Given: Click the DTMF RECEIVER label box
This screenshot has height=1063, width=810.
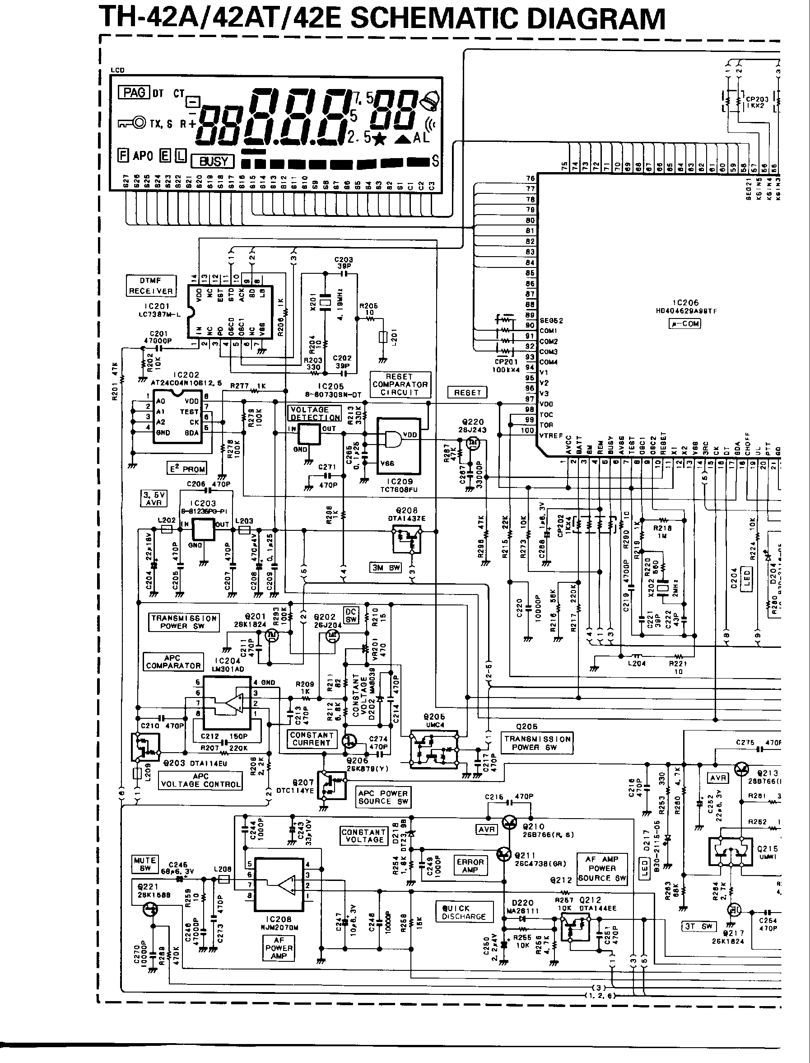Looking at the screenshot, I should [x=151, y=286].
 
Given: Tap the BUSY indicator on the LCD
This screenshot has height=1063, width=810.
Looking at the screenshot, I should [x=213, y=161].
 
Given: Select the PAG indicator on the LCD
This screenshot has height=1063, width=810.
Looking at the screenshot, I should [x=134, y=92].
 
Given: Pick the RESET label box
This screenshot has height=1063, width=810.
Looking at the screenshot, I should [x=467, y=392].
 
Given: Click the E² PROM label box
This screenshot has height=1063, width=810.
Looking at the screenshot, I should [x=187, y=468].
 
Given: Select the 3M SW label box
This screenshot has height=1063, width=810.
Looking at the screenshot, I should [x=386, y=567].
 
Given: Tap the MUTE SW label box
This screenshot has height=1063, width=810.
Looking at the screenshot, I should [x=144, y=864].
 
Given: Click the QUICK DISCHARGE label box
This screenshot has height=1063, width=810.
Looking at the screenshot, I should [x=463, y=912].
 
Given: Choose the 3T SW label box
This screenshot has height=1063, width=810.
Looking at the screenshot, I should [x=699, y=926].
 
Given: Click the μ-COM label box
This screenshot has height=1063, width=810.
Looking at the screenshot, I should [x=684, y=323].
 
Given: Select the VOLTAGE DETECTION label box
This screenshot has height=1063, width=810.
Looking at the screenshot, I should [x=315, y=413].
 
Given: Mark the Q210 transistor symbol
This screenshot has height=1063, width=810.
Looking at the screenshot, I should [x=510, y=823].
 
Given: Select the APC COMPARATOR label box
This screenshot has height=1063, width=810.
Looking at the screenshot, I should [x=173, y=662].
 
